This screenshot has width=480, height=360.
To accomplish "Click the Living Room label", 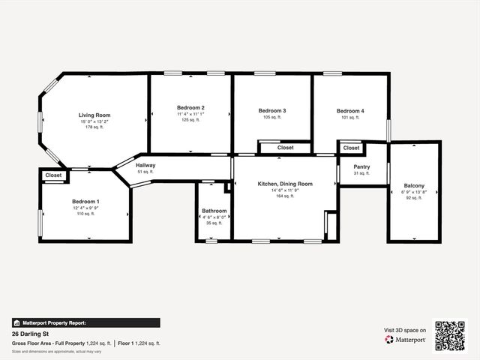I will pyautogui.click(x=94, y=115).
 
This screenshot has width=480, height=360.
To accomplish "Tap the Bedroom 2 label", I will pyautogui.click(x=190, y=108).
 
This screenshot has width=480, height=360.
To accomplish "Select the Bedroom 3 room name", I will pyautogui.click(x=272, y=111).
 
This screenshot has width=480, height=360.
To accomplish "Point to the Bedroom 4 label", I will pyautogui.click(x=350, y=111).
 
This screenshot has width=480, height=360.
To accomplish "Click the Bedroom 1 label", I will pyautogui.click(x=85, y=202).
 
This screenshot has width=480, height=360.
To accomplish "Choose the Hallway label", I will pyautogui.click(x=145, y=165).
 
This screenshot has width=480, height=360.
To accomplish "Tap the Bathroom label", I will pyautogui.click(x=214, y=211).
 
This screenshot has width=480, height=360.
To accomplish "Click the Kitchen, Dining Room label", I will pyautogui.click(x=285, y=184).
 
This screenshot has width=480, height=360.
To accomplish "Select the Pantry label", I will pyautogui.click(x=361, y=167).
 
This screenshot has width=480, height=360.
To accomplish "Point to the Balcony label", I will pyautogui.click(x=414, y=185).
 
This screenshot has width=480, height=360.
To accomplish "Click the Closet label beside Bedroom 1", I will pyautogui.click(x=53, y=175).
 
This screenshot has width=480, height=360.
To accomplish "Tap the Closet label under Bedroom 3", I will pyautogui.click(x=286, y=148).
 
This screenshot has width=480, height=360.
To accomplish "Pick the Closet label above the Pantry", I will pyautogui.click(x=351, y=148).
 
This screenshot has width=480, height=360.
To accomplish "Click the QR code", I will pyautogui.click(x=451, y=336).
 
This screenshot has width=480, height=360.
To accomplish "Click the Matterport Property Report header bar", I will pyautogui.click(x=85, y=322).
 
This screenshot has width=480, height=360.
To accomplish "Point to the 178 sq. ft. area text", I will pyautogui.click(x=94, y=127).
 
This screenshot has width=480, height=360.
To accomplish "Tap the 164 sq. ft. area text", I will pyautogui.click(x=285, y=196).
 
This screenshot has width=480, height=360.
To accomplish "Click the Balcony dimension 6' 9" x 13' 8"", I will pyautogui.click(x=414, y=192).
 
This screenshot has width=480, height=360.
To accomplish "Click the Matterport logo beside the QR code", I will pyautogui.click(x=406, y=340).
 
